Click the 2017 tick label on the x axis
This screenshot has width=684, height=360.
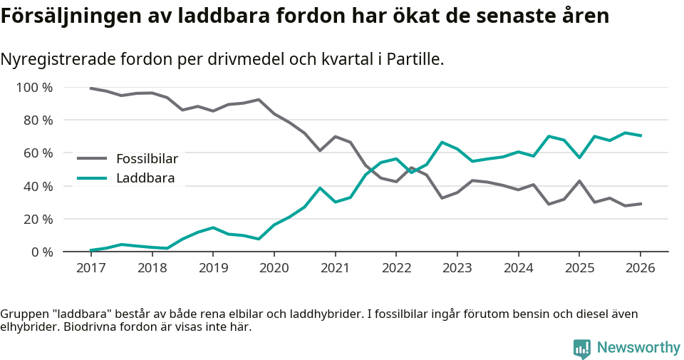point(90,268)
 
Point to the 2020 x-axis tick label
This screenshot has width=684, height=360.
point(274,268)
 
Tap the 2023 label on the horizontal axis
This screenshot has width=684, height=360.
point(457,268)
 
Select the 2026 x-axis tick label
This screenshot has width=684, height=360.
point(640,268)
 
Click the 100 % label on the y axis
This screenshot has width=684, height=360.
point(34,88)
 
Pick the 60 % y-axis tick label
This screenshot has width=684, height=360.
point(37,153)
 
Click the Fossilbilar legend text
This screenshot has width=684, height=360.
point(147,158)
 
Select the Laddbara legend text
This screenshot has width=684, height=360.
point(145,178)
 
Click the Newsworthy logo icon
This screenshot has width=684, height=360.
point(581,348)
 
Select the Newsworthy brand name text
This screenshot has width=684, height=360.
point(638,348)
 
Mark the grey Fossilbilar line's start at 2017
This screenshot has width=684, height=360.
point(90,88)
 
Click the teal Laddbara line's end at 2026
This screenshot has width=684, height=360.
point(641,135)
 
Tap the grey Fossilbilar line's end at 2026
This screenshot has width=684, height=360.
point(641,204)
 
